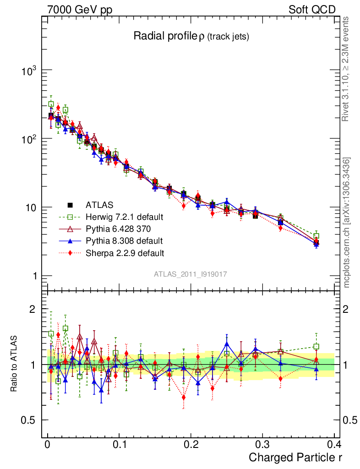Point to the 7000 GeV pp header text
point(82,10)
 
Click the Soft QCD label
point(312,10)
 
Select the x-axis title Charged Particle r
point(295,457)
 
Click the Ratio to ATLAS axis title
point(15,365)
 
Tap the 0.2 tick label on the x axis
point(191,444)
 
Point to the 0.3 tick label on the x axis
point(262,444)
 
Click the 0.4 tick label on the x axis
point(334,444)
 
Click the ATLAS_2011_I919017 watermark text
point(191,274)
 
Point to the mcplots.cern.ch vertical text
point(347,223)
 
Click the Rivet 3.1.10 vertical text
point(347,69)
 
